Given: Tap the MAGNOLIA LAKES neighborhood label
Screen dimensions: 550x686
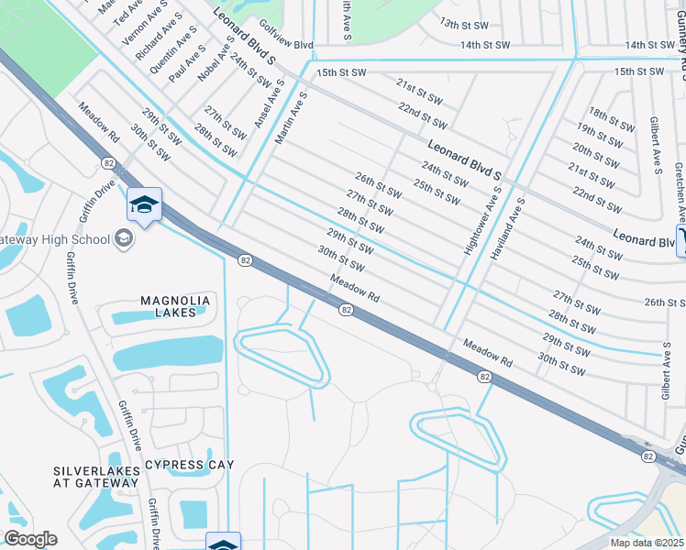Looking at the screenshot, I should (x=175, y=306).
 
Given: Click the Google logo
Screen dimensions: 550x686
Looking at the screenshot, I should (x=30, y=538).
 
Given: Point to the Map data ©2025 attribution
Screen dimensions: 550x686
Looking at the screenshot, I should (x=647, y=543).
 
